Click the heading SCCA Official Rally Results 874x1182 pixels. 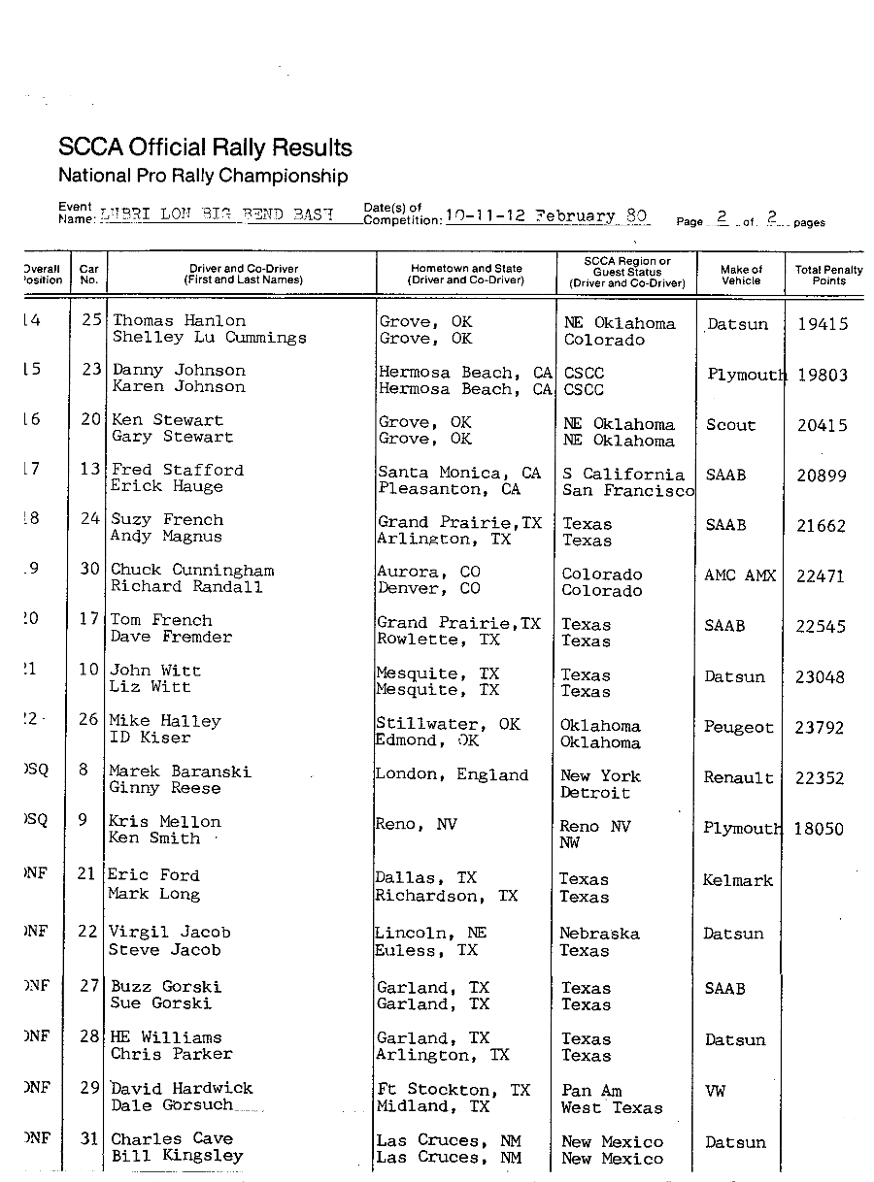point(205,148)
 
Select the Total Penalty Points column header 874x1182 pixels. point(822,276)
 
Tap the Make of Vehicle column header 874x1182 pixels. point(741,276)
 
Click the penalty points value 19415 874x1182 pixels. point(822,325)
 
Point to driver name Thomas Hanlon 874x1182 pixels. point(179,320)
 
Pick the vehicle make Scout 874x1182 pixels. point(730,425)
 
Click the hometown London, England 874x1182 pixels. point(452,774)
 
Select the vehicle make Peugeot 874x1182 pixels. point(739,727)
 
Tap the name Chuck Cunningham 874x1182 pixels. point(192,570)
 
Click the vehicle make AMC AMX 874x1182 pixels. point(740,575)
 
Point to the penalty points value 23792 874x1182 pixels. point(820,727)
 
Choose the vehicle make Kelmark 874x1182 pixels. point(738,880)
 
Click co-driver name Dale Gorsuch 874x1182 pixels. point(172,1105)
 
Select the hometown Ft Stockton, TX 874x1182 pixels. point(454,1090)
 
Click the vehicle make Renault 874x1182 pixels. point(739,777)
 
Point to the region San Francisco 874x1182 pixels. point(628,491)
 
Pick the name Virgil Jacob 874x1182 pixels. point(169,933)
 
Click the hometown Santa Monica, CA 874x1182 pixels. point(459,473)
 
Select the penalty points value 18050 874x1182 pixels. point(819,829)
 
